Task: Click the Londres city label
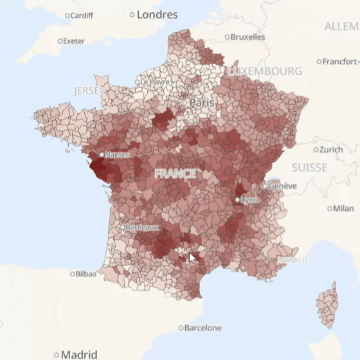click(x=157, y=14)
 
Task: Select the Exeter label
click(x=73, y=41)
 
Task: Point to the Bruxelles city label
click(x=248, y=37)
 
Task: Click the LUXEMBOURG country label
click(x=265, y=70)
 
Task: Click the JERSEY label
click(x=88, y=91)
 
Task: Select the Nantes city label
click(x=116, y=154)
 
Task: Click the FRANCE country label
click(x=175, y=174)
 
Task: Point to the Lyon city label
click(x=249, y=200)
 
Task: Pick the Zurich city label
click(x=331, y=149)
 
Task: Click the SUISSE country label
click(x=309, y=167)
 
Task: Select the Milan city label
click(x=343, y=208)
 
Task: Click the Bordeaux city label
click(x=141, y=227)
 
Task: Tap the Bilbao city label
click(x=85, y=273)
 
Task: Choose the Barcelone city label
click(x=203, y=328)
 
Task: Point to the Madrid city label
click(x=79, y=354)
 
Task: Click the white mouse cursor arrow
click(x=192, y=258)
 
